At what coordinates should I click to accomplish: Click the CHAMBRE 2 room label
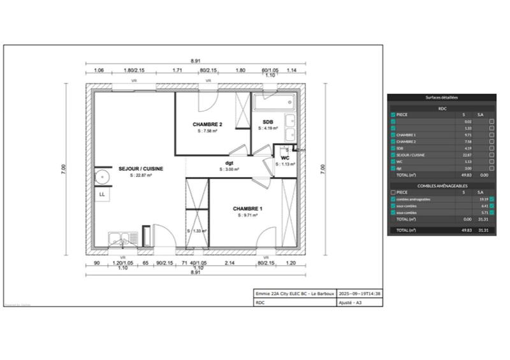207,124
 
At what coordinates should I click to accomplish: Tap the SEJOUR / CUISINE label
140,169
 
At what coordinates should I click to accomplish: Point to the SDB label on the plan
268,121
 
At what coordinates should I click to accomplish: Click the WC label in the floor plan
286,157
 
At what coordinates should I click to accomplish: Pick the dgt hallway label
229,163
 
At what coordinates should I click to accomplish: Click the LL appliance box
101,194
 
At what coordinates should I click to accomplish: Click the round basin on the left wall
99,176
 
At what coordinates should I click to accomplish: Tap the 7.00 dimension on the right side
323,169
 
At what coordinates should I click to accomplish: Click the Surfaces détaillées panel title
441,97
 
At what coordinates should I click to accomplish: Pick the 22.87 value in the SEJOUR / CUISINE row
468,155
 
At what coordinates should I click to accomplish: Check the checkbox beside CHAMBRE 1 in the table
393,135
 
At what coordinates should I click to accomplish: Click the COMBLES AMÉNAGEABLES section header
441,185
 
